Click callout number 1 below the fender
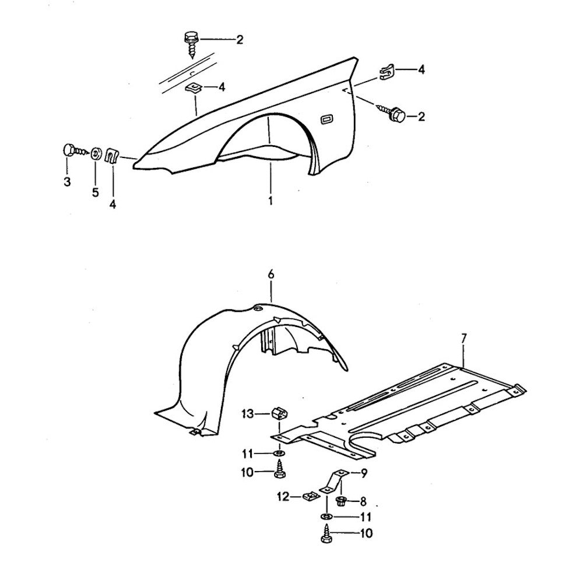[271, 201]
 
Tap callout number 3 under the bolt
[67, 182]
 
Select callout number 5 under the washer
[95, 193]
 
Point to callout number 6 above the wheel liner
[271, 274]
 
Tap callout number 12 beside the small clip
[283, 497]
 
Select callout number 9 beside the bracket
[363, 473]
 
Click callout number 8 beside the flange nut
[363, 500]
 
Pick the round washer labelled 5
[95, 154]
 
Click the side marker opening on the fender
[326, 120]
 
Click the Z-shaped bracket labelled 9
[334, 482]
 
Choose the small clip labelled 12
[310, 497]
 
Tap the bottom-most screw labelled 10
[326, 535]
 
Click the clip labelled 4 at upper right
[385, 71]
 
